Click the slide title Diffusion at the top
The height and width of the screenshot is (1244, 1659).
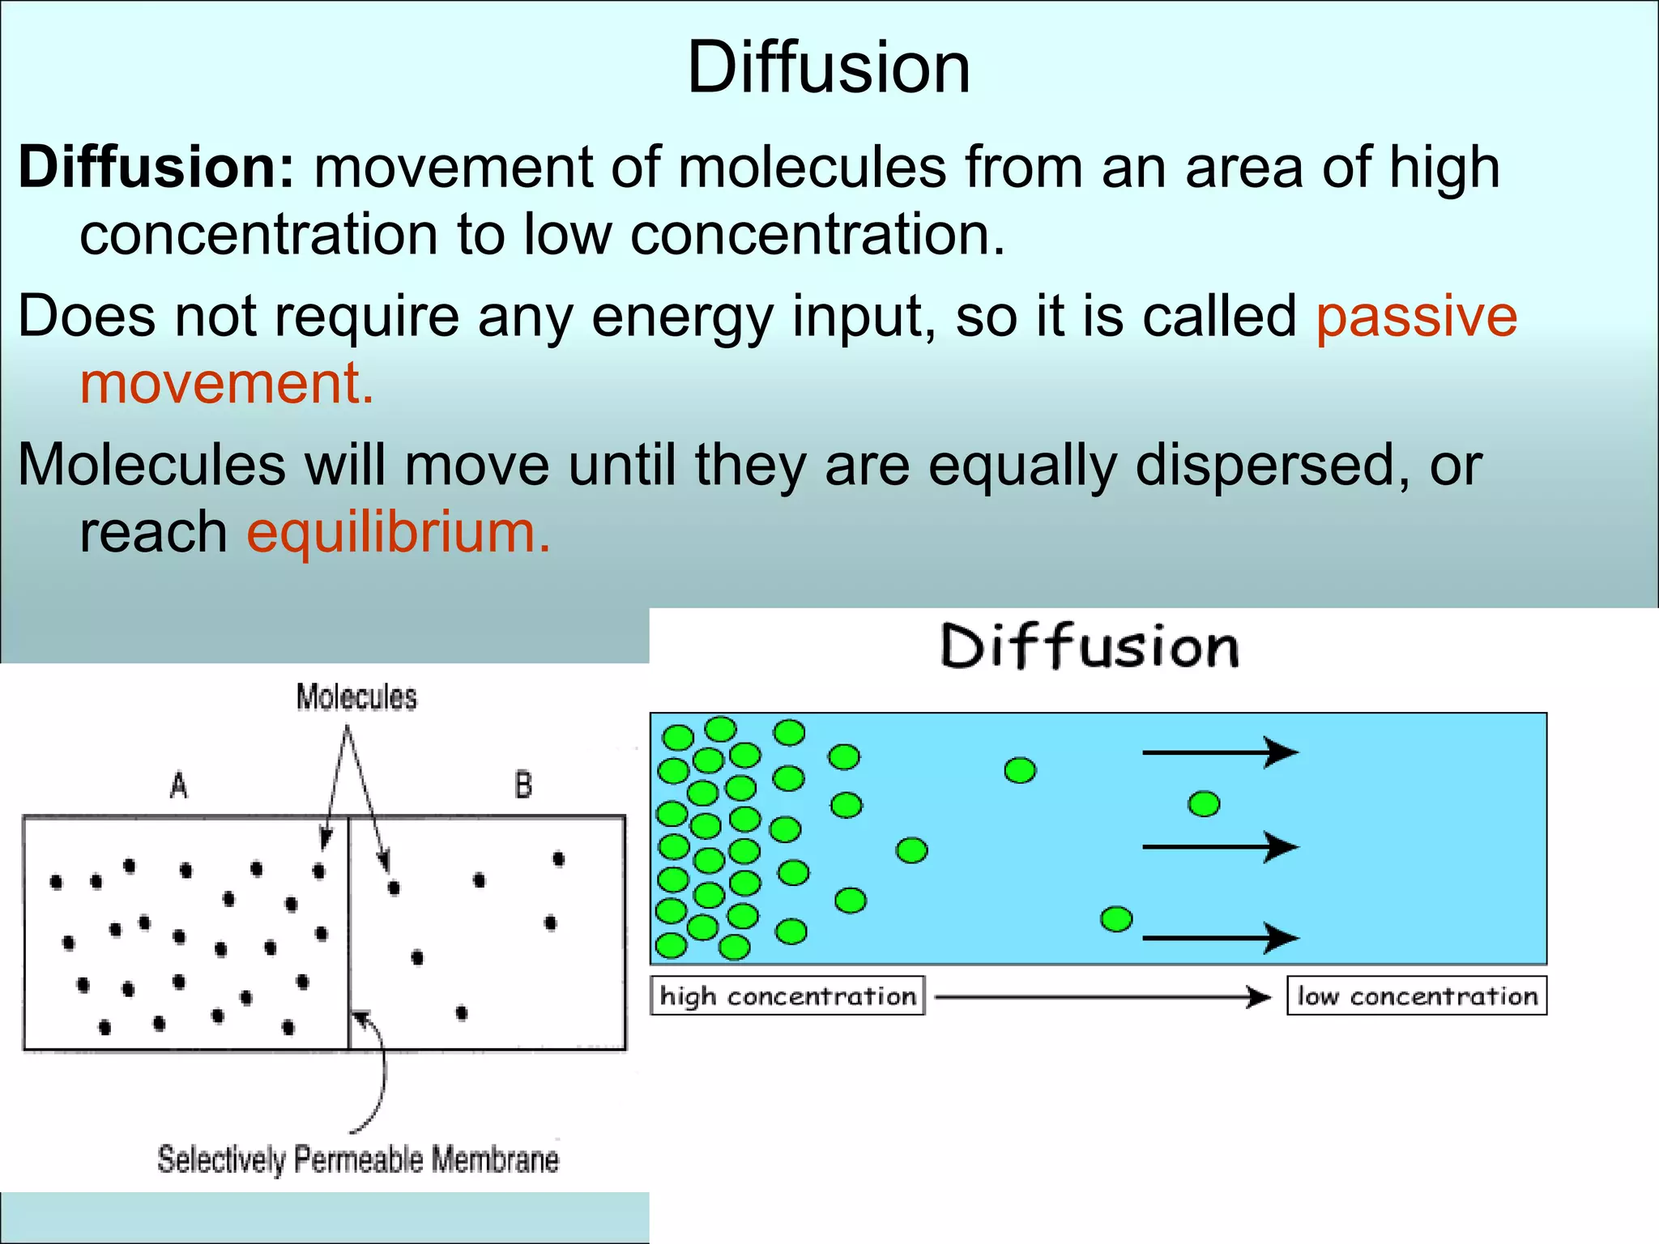point(829,68)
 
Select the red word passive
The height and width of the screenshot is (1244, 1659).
point(1416,317)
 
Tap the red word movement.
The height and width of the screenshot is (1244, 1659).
point(226,383)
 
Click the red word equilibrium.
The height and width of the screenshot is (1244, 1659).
point(398,533)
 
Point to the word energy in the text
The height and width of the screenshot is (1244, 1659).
point(682,317)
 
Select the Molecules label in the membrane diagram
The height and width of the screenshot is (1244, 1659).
point(356,697)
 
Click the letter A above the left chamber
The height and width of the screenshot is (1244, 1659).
point(179,786)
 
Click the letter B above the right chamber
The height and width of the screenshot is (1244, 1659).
point(523,786)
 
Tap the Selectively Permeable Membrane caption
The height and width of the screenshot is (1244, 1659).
point(357,1160)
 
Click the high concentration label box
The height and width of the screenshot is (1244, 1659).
point(787,996)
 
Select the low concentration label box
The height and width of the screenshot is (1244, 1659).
point(1417,996)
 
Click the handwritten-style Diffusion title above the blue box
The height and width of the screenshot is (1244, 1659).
point(1090,648)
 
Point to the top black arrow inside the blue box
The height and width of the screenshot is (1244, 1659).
point(1219,752)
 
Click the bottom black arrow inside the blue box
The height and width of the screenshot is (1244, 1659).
point(1219,938)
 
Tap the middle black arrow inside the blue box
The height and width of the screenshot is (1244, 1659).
point(1219,847)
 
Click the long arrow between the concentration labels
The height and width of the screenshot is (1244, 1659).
point(1102,997)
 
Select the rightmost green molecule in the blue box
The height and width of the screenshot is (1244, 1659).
point(1204,804)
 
